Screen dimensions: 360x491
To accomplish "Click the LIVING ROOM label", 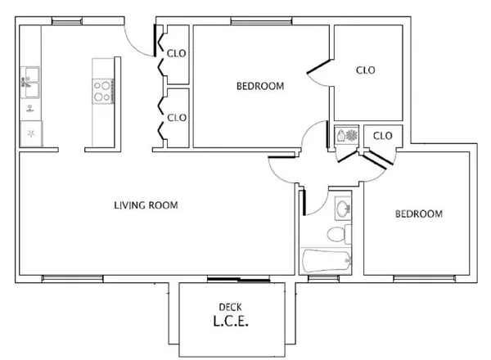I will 146,205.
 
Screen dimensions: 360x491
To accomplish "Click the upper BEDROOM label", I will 259,86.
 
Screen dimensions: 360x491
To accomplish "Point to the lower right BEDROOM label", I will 418,214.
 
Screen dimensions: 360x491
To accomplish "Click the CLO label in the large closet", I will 365,70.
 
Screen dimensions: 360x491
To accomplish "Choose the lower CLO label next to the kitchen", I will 177,117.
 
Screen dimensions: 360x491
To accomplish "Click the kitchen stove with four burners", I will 103,89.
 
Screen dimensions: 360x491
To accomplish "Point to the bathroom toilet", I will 337,236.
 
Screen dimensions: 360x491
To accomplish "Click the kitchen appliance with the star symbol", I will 31,133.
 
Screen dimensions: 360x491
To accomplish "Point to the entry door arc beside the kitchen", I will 137,41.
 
